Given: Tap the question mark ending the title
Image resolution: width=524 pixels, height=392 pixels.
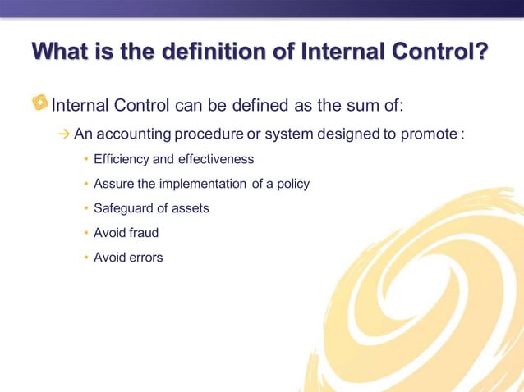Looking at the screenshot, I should (480, 52).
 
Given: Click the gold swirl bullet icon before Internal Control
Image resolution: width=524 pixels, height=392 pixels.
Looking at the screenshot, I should (39, 103).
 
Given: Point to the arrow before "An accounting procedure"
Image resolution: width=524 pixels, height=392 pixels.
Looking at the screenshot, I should (65, 134).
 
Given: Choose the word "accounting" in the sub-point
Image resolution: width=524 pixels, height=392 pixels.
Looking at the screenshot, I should (134, 134).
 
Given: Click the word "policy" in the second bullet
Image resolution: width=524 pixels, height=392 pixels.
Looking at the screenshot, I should (292, 184).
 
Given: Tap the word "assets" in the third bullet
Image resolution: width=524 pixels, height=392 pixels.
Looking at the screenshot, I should (191, 208).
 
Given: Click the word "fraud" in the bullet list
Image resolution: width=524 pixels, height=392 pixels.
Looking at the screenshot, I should (144, 233).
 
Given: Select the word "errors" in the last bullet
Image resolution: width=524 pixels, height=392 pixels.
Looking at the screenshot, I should (146, 258).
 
